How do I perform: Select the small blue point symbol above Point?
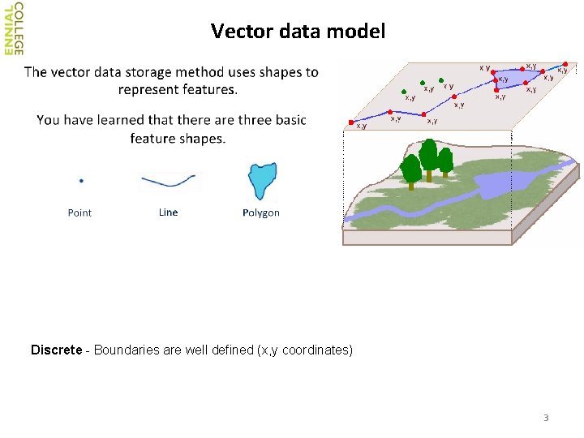click(81, 180)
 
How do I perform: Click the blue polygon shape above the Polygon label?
click(262, 179)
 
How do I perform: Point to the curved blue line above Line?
click(168, 180)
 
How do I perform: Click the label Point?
click(79, 213)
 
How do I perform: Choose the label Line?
click(168, 213)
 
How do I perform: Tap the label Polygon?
click(261, 213)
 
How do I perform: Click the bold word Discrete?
click(56, 350)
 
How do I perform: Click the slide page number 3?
click(546, 418)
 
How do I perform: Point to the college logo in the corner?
click(14, 28)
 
